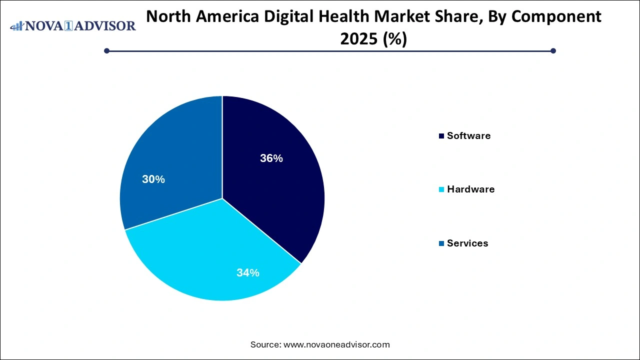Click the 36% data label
click(271, 158)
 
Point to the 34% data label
click(248, 272)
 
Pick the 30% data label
click(153, 179)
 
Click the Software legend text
click(468, 135)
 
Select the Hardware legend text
click(470, 189)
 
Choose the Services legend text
click(467, 243)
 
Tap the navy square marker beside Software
click(441, 136)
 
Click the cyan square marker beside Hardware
click(441, 189)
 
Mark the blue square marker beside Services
click(441, 243)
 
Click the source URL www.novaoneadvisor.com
click(336, 344)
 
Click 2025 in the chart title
click(359, 39)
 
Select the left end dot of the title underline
click(106, 50)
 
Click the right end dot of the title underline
click(553, 50)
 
